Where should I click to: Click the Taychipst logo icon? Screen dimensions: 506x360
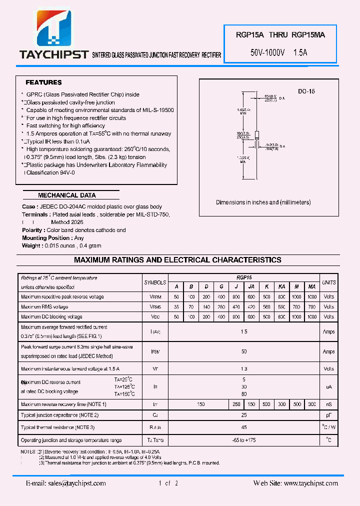coord(52,27)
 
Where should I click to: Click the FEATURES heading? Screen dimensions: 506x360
coord(43,82)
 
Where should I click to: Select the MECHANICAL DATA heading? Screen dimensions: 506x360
coord(66,195)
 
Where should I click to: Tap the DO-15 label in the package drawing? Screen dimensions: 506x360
coord(306,91)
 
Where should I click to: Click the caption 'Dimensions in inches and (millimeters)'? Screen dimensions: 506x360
coord(263,202)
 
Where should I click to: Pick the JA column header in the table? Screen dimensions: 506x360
coord(251,286)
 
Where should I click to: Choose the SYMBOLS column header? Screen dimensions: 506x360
coord(154,282)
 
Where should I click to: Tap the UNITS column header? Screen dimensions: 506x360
coord(328,282)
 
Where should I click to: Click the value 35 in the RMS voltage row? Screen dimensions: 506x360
coord(176,307)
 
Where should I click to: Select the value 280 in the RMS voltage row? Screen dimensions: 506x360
coord(221,307)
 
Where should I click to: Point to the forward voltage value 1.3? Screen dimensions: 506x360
coord(243,369)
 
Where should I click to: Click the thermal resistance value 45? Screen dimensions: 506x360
coord(243,427)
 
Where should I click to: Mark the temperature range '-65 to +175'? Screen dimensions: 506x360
coord(243,440)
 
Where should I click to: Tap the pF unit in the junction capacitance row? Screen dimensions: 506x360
coord(328,415)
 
